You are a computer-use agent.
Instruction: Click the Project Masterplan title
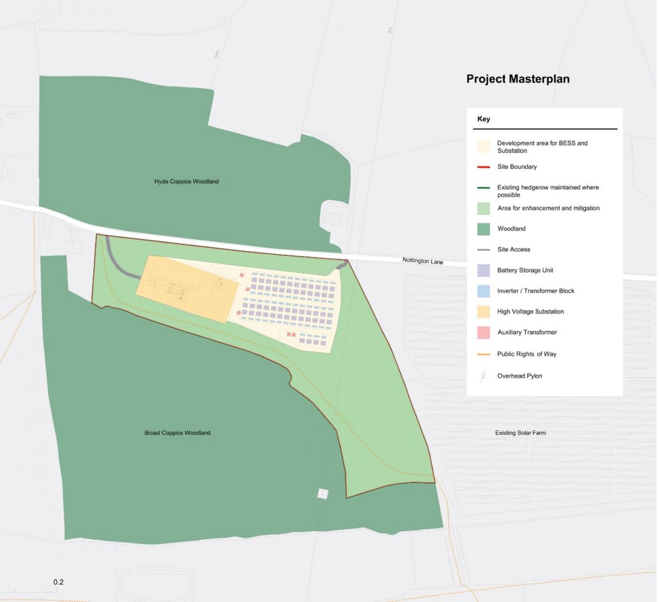tap(518, 80)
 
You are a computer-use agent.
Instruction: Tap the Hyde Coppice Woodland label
tap(186, 181)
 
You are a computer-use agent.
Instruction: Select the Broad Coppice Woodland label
tap(177, 433)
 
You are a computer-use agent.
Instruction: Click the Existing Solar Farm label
tap(520, 433)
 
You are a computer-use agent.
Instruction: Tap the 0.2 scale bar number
tap(59, 582)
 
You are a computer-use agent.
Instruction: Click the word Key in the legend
tap(483, 119)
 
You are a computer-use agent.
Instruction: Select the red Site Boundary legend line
tap(484, 167)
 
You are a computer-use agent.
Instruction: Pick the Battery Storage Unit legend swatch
tap(484, 270)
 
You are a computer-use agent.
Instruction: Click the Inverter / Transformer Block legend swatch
tap(484, 291)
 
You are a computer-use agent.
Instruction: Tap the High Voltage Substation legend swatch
tap(484, 311)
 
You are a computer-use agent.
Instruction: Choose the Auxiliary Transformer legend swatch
tap(484, 332)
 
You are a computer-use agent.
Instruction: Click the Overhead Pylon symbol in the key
tap(484, 376)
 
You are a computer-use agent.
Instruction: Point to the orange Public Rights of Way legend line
tap(484, 355)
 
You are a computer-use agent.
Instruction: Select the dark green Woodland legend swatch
tap(484, 229)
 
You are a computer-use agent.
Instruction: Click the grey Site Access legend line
tap(484, 250)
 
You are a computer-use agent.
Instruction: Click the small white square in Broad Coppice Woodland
tap(323, 493)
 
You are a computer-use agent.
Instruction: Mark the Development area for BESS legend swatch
tap(484, 147)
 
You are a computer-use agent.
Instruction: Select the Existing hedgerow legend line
tap(484, 188)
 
